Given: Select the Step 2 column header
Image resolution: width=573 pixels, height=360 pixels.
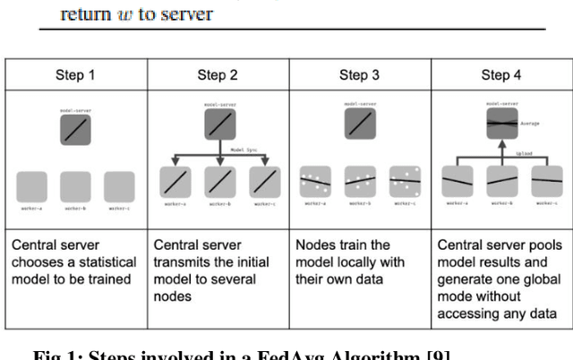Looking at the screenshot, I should [211, 75].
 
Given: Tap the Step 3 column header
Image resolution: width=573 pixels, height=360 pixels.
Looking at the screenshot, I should [353, 75].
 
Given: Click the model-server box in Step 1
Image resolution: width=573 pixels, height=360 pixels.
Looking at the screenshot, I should [75, 131].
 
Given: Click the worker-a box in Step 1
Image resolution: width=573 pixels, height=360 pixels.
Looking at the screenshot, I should [32, 185].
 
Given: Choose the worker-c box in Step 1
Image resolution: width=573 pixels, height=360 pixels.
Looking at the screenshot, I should [119, 185].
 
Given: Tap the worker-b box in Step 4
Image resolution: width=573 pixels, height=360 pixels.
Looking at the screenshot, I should [501, 182].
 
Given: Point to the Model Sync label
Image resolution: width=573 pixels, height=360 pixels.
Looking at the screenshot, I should [245, 150].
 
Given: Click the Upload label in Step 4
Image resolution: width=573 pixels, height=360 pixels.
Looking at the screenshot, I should [526, 153].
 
